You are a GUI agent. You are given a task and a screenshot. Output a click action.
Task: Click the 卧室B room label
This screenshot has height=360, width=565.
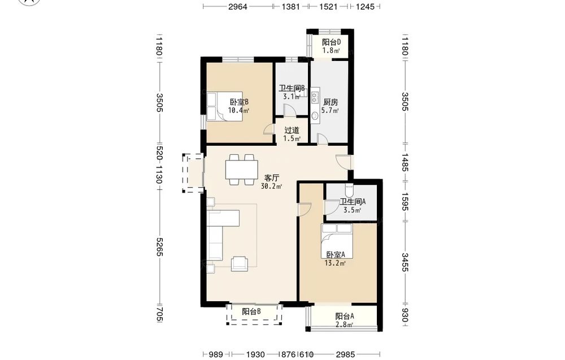click(x=239, y=102)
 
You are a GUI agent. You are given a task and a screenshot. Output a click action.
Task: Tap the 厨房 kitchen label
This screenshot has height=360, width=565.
click(x=331, y=102)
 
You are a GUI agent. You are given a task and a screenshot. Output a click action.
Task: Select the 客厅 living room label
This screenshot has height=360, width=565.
click(x=272, y=178)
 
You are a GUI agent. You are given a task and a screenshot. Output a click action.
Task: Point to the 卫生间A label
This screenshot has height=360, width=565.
click(x=353, y=202)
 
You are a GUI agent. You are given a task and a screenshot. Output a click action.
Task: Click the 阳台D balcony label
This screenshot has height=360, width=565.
click(x=331, y=42)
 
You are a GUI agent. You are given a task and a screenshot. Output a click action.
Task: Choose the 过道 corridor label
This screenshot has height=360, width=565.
click(x=292, y=130)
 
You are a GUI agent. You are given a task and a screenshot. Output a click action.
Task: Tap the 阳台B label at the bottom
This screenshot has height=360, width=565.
click(x=251, y=311)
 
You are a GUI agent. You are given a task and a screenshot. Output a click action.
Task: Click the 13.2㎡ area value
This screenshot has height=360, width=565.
click(x=335, y=263)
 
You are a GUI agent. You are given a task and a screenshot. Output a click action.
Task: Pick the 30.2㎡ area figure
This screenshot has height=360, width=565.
click(x=271, y=186)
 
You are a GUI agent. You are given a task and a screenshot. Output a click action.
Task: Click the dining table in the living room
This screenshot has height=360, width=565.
click(x=241, y=170)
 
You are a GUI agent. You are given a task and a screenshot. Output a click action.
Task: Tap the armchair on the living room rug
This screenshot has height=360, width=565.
click(x=239, y=263)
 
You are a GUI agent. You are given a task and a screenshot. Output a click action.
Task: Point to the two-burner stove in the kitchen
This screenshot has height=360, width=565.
click(x=315, y=96)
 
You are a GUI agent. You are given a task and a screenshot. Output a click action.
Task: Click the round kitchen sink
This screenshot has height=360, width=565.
click(x=315, y=116)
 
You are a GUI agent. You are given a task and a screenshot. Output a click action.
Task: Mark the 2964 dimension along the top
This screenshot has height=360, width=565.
click(x=238, y=6)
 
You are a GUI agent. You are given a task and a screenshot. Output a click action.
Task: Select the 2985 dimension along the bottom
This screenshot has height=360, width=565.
click(x=346, y=354)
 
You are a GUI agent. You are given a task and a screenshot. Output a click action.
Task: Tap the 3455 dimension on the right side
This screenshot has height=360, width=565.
click(x=405, y=262)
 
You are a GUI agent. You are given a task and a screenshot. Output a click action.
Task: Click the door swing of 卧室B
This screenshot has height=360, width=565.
click(x=268, y=129)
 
